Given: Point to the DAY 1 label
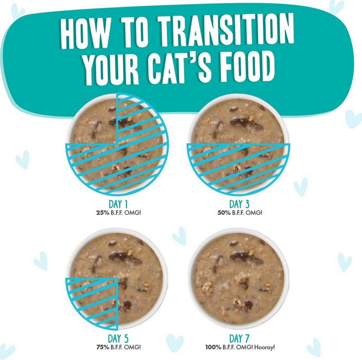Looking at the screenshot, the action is pyautogui.click(x=118, y=204).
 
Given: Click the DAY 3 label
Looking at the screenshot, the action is pyautogui.click(x=239, y=204).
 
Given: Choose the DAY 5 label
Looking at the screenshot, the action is pyautogui.click(x=118, y=339).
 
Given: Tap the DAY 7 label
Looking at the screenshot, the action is pyautogui.click(x=239, y=339).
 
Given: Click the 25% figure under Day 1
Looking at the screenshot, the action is pyautogui.click(x=102, y=213).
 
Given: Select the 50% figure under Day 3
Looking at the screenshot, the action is pyautogui.click(x=224, y=213).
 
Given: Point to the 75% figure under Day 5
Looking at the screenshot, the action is pyautogui.click(x=102, y=347).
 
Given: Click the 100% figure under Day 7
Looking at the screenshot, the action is pyautogui.click(x=213, y=347).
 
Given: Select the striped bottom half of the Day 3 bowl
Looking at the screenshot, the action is pyautogui.click(x=238, y=167).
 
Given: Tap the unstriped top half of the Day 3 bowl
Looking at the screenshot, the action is pyautogui.click(x=238, y=120).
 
